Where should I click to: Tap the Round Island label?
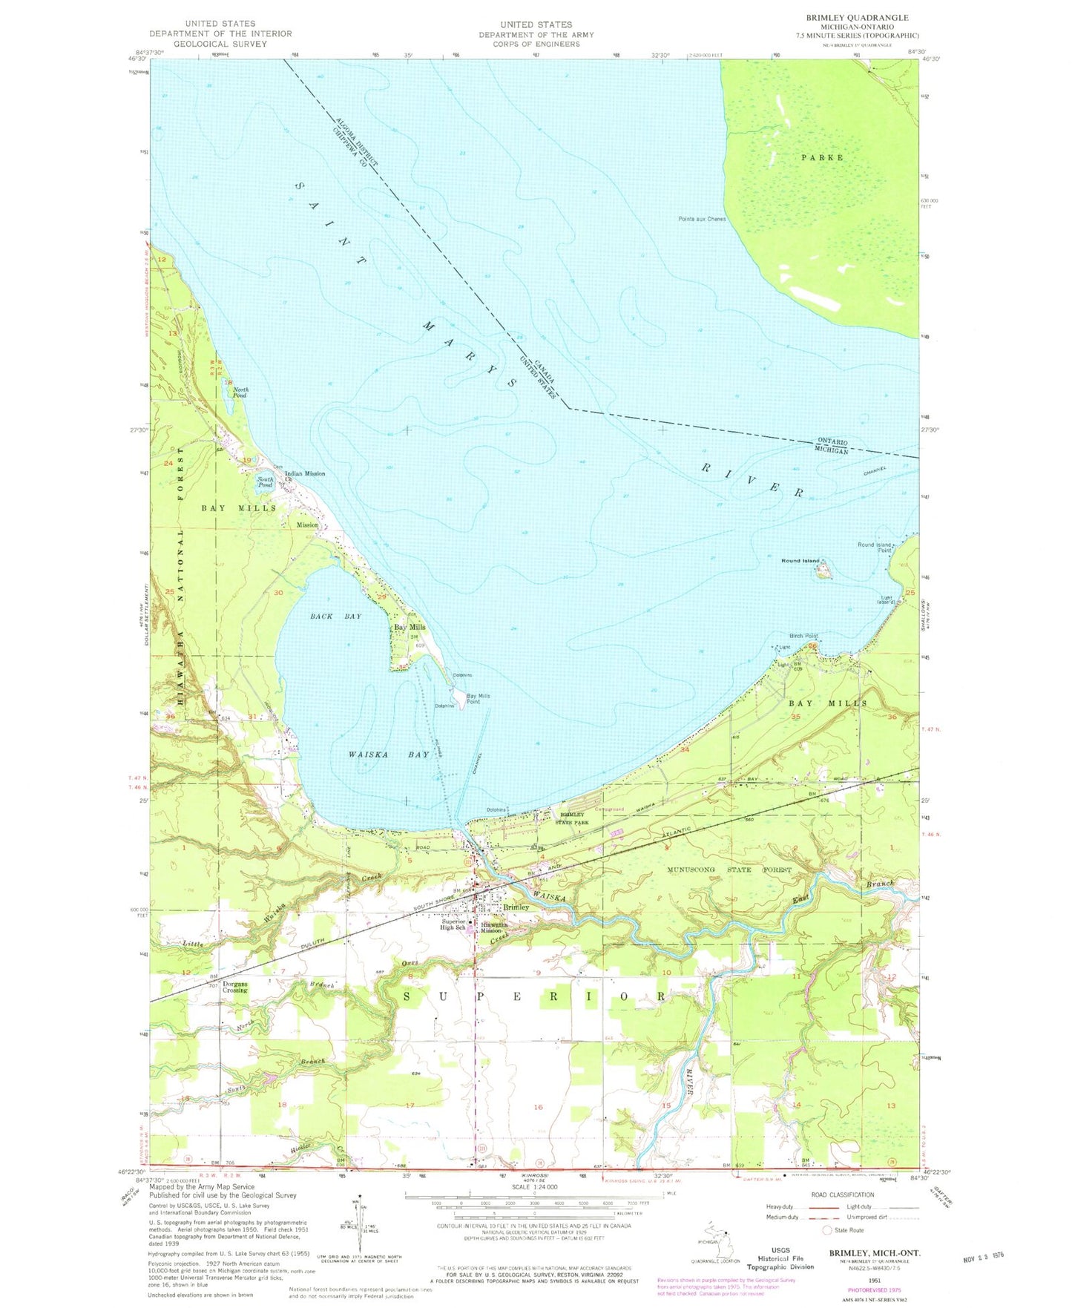click(x=800, y=561)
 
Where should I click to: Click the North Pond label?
click(x=240, y=392)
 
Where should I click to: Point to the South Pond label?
click(x=265, y=482)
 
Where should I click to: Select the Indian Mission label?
click(x=305, y=473)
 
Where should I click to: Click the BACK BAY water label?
click(x=336, y=617)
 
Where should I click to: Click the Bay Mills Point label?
click(x=479, y=698)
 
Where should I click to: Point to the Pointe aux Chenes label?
click(x=702, y=219)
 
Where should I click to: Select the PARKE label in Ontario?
click(x=821, y=157)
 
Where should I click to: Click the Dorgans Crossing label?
click(x=234, y=987)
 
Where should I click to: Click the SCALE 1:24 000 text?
click(x=533, y=1207)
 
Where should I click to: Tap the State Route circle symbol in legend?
click(x=827, y=1230)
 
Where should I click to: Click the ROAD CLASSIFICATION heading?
click(x=842, y=1194)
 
